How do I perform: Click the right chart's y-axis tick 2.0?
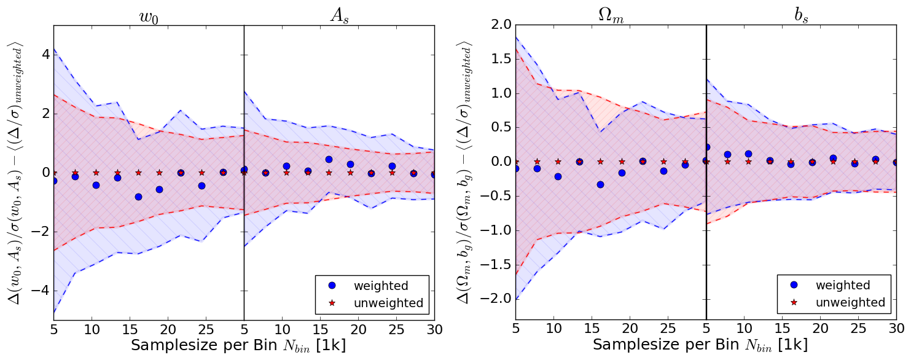click(x=499, y=26)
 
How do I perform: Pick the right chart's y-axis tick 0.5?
click(x=499, y=128)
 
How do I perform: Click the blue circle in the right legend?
click(x=794, y=285)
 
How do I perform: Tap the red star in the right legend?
click(x=794, y=302)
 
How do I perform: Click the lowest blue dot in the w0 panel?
click(x=138, y=197)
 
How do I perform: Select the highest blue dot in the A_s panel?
click(x=329, y=159)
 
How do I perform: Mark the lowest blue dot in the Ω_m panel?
click(x=600, y=184)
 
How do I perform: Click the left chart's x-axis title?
click(x=238, y=345)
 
